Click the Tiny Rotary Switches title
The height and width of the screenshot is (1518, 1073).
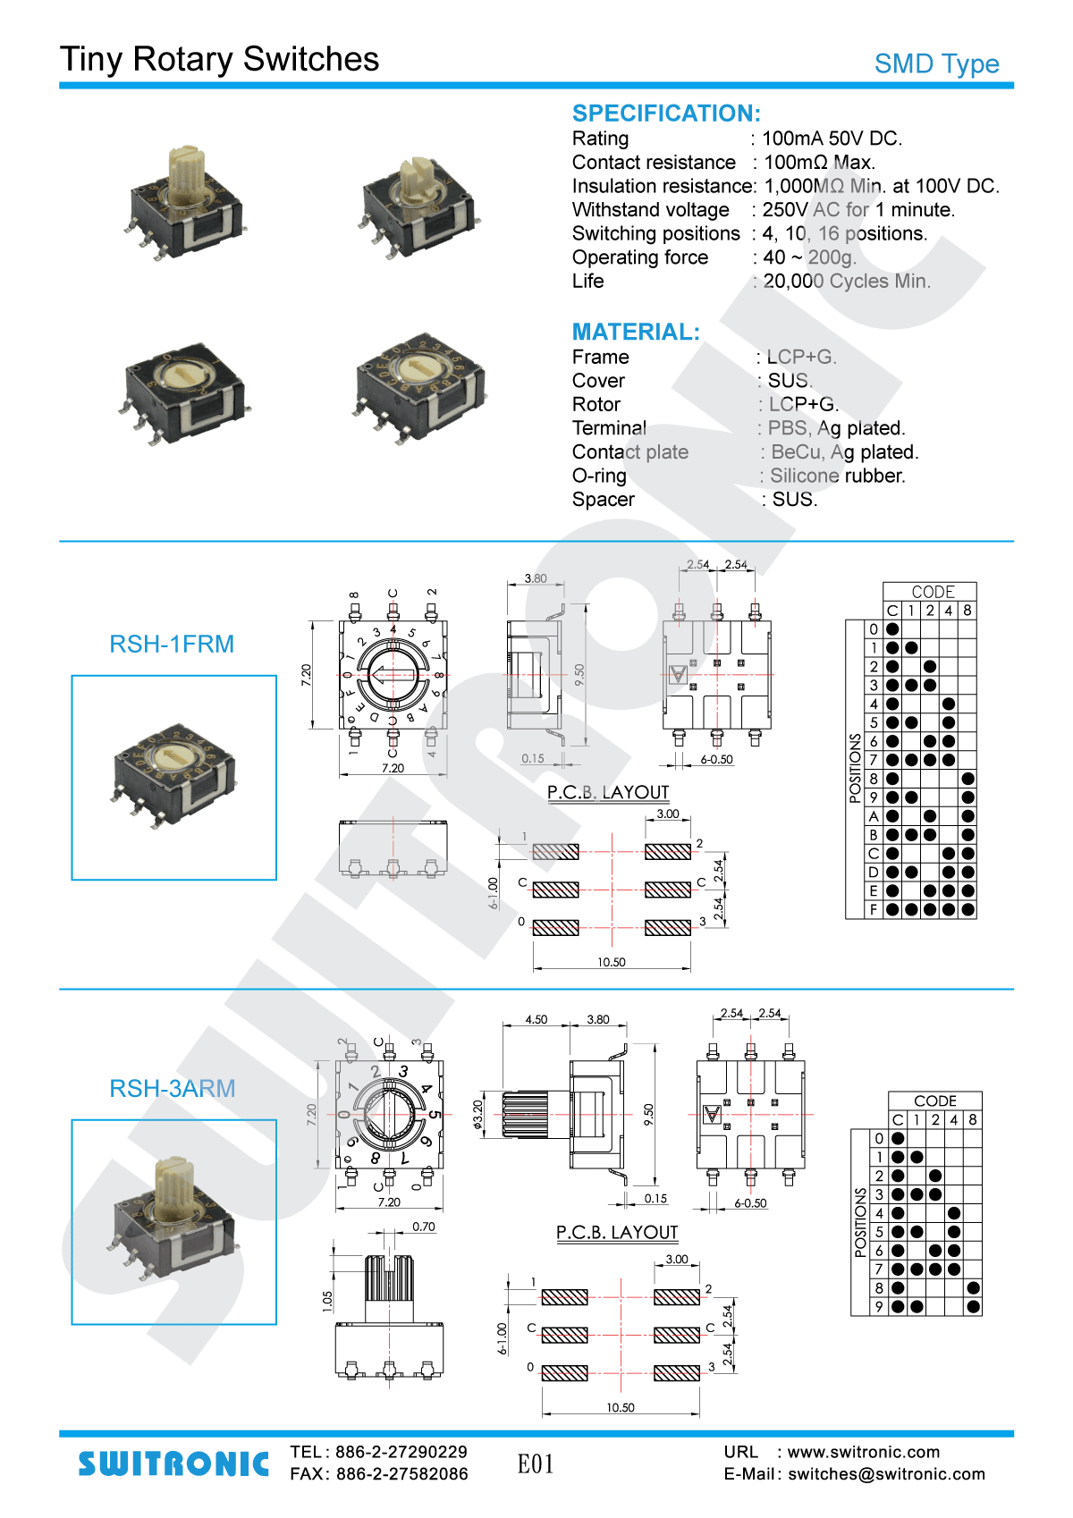pyautogui.click(x=219, y=59)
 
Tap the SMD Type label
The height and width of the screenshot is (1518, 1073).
pyautogui.click(x=936, y=64)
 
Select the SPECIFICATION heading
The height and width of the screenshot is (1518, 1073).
pyautogui.click(x=666, y=114)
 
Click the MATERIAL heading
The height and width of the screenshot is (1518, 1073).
pyautogui.click(x=636, y=333)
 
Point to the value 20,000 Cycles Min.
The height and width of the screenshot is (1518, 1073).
pyautogui.click(x=847, y=282)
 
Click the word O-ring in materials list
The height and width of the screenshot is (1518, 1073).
pyautogui.click(x=599, y=476)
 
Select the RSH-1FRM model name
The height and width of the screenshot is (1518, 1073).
pyautogui.click(x=172, y=644)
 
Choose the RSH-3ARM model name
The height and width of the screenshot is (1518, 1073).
pyautogui.click(x=172, y=1088)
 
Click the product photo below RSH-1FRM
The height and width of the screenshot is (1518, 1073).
pyautogui.click(x=174, y=777)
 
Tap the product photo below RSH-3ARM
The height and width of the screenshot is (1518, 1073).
pyautogui.click(x=174, y=1221)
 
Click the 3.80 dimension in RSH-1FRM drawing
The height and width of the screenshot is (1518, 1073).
pyautogui.click(x=536, y=578)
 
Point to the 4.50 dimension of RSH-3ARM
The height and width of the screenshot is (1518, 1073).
pyautogui.click(x=536, y=1019)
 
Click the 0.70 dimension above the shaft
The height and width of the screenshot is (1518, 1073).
pyautogui.click(x=424, y=1227)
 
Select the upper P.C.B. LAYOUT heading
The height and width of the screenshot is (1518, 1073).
pyautogui.click(x=608, y=792)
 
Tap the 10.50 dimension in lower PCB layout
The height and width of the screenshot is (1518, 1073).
pyautogui.click(x=621, y=1407)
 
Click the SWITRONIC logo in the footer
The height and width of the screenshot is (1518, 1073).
pyautogui.click(x=173, y=1463)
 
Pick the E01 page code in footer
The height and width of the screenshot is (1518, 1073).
pyautogui.click(x=536, y=1464)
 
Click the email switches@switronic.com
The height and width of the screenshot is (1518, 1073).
pyautogui.click(x=886, y=1474)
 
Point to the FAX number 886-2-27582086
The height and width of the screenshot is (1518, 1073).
pyautogui.click(x=401, y=1474)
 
